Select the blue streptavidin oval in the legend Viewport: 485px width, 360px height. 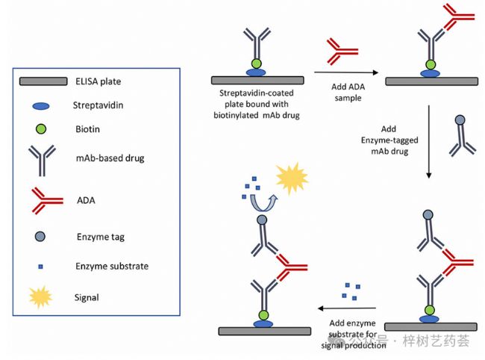[43, 106]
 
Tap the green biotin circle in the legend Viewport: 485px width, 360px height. [43, 129]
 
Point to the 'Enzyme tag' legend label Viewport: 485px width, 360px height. [99, 237]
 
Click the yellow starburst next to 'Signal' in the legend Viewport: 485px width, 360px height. [41, 297]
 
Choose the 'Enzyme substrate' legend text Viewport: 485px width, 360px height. [111, 266]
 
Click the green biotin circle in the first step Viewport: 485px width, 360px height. [257, 63]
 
